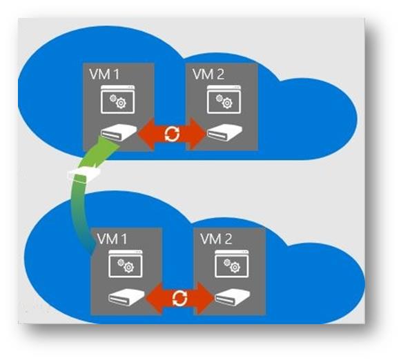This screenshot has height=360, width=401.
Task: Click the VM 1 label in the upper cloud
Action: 104,74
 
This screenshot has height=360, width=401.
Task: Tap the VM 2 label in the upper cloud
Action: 208,74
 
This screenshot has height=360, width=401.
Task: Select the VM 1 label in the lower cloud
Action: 112,239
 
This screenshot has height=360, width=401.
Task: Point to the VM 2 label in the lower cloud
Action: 216,239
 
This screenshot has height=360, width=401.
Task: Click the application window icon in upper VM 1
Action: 118,99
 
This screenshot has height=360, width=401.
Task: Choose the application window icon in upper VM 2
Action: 224,99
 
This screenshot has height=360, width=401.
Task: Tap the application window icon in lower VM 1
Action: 126,263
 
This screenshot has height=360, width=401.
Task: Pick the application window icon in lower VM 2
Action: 231,263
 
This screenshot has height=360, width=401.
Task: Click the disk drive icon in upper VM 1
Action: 119,132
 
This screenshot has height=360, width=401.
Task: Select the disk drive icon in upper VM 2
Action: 224,132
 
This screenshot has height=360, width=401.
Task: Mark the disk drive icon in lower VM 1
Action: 126,297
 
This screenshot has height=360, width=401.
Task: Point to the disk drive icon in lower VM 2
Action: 232,297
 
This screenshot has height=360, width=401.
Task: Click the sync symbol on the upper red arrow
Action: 172,134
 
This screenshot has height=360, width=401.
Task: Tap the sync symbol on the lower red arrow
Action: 179,299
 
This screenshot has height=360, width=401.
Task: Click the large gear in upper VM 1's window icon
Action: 121,103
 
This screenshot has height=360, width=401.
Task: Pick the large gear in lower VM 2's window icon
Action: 235,268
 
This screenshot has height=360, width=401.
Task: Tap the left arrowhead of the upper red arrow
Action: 146,133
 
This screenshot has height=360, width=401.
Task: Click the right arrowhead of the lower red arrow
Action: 205,298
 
